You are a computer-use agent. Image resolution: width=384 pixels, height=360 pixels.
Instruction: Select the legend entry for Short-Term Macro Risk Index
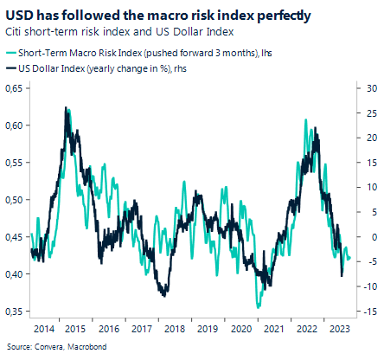click(147, 53)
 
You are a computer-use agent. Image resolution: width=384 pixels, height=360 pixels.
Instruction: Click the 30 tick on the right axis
click(367, 88)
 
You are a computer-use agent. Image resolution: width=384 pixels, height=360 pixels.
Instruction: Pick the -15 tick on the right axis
click(367, 312)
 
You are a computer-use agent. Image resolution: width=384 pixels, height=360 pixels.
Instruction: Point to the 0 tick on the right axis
click(367, 237)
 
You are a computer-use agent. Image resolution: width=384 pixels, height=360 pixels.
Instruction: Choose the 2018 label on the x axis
click(176, 329)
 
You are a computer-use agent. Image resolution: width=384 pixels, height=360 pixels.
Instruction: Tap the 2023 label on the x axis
click(340, 329)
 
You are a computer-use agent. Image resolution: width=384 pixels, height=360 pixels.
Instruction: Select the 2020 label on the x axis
click(241, 329)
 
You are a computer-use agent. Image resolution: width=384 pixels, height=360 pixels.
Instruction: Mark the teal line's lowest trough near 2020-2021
click(258, 306)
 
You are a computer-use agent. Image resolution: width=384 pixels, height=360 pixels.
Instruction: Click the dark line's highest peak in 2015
click(67, 108)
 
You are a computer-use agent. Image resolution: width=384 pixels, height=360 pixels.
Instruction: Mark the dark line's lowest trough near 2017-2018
click(163, 296)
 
